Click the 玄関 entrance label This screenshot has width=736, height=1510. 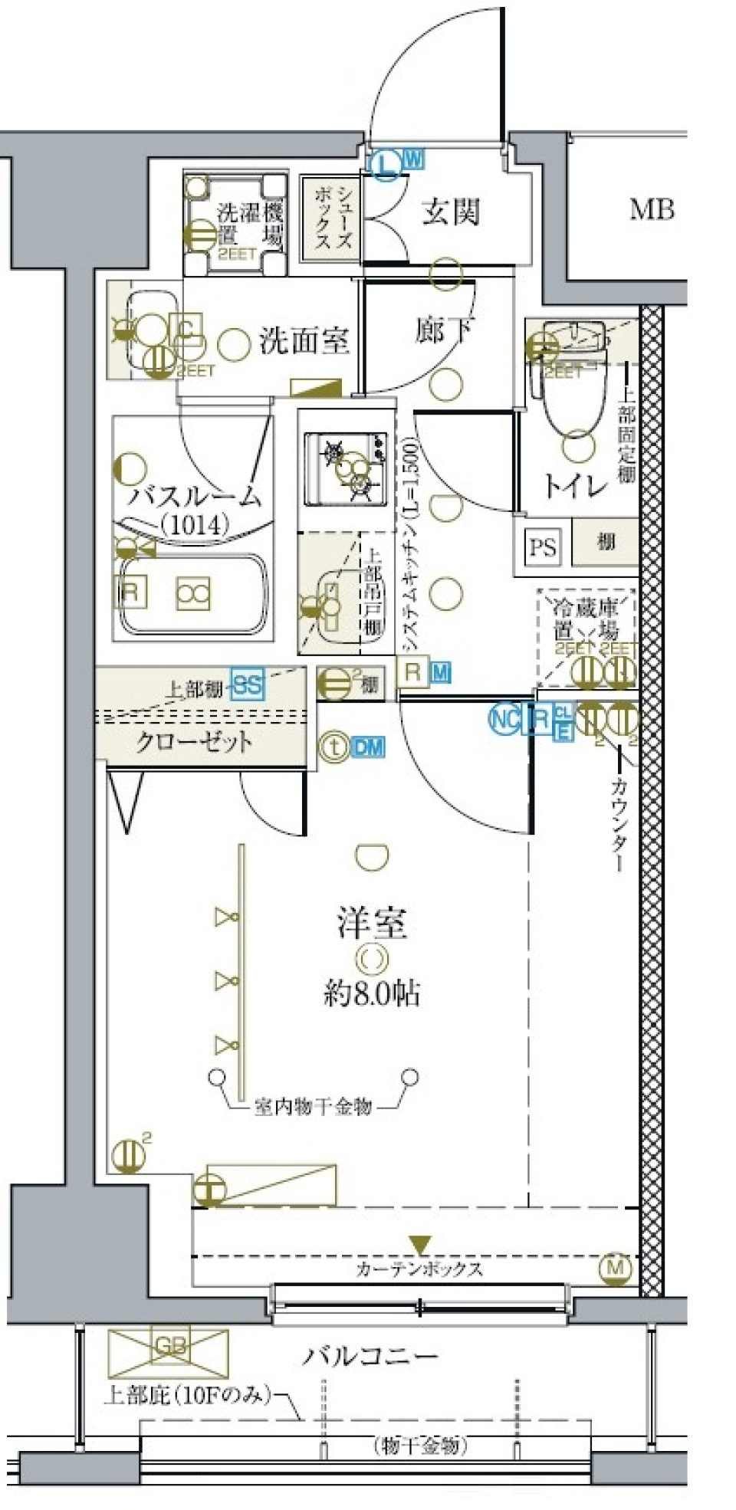(451, 212)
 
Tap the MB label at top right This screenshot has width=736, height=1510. (652, 208)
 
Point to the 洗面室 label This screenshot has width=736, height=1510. (304, 340)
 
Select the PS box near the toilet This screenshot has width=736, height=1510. (543, 547)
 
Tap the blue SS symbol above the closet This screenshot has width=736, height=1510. (247, 684)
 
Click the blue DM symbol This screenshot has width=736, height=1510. (368, 746)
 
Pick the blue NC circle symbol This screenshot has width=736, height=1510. (504, 718)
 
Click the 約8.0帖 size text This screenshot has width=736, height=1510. (371, 994)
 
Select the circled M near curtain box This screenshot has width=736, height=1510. (615, 1267)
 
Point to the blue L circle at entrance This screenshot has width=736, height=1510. (387, 163)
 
